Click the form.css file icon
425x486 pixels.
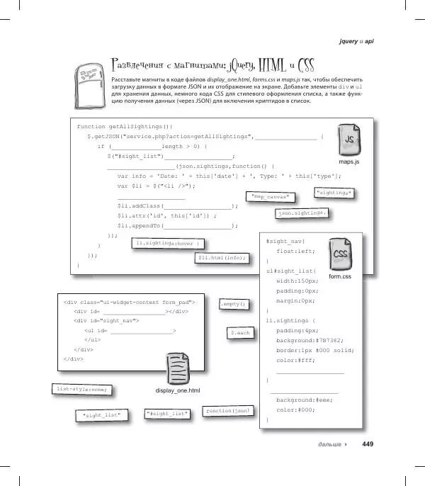pyautogui.click(x=340, y=256)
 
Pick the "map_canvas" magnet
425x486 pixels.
pyautogui.click(x=271, y=196)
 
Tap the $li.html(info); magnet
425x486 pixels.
pyautogui.click(x=222, y=258)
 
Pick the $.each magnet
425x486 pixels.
pyautogui.click(x=239, y=332)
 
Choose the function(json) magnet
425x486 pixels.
pyautogui.click(x=227, y=411)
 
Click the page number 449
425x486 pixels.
pyautogui.click(x=367, y=445)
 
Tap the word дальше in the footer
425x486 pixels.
pyautogui.click(x=331, y=445)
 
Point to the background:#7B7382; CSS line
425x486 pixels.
pyautogui.click(x=309, y=340)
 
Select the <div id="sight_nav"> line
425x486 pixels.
pyautogui.click(x=106, y=321)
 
